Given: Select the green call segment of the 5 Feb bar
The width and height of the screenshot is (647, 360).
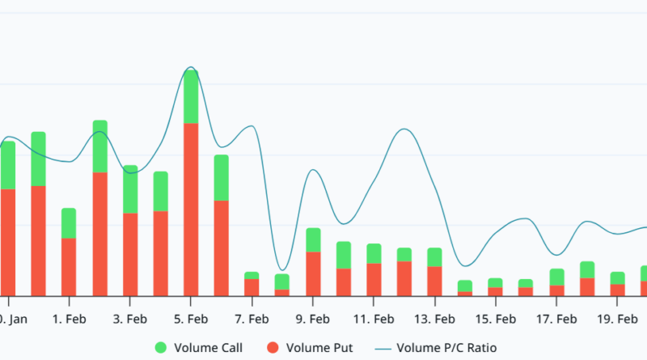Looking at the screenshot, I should [191, 96].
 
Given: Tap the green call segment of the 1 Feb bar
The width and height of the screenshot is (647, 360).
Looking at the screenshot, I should [69, 223].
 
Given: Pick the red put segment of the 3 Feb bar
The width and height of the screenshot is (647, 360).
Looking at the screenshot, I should [130, 254].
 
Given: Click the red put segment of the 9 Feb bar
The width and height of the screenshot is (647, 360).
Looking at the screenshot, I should [313, 273].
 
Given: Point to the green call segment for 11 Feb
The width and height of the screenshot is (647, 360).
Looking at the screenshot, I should [374, 253].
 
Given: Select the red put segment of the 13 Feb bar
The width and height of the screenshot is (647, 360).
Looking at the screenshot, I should [434, 281].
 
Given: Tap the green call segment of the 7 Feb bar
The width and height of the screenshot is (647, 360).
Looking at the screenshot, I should [252, 276].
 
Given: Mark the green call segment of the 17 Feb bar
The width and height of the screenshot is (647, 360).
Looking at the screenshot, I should [556, 277].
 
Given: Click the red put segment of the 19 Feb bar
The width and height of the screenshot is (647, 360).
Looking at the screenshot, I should [617, 290].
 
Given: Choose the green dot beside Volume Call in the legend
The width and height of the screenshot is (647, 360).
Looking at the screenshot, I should [161, 348].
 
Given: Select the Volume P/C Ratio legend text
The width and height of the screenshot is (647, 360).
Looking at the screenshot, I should [453, 348].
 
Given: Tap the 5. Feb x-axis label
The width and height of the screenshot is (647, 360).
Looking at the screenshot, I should [191, 319].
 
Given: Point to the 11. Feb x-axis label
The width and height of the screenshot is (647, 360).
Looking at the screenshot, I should [374, 319].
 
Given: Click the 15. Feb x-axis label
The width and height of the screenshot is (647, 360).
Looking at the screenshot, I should [495, 319].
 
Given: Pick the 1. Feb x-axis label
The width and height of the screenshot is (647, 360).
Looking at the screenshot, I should [69, 319].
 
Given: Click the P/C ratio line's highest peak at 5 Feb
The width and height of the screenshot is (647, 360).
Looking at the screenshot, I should [190, 67].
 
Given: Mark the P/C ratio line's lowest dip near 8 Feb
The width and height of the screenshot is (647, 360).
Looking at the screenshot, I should [281, 270].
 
